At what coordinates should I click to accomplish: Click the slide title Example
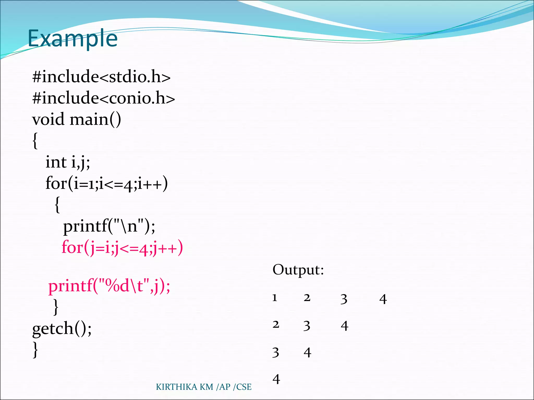coord(72,39)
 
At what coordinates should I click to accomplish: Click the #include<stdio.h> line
coord(101,77)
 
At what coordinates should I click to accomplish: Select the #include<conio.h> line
coord(103,98)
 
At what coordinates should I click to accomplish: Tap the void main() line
coord(76,120)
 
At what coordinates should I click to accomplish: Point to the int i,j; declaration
coord(68,162)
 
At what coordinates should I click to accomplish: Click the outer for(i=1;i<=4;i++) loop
coord(106,183)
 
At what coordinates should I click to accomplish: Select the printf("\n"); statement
coord(109,226)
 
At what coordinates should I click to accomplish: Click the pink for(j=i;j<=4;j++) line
coord(122,247)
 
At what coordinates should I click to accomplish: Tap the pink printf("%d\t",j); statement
coord(109,286)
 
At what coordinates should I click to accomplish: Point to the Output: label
coord(298,270)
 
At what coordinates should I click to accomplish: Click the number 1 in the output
coord(275,298)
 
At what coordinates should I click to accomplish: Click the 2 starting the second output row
coord(276,325)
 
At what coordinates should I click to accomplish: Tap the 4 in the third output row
coord(307,353)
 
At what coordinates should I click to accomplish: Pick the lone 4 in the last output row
coord(276,379)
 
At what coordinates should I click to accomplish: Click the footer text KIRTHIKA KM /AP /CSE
coord(204,387)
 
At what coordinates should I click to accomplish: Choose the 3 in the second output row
coord(307,326)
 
